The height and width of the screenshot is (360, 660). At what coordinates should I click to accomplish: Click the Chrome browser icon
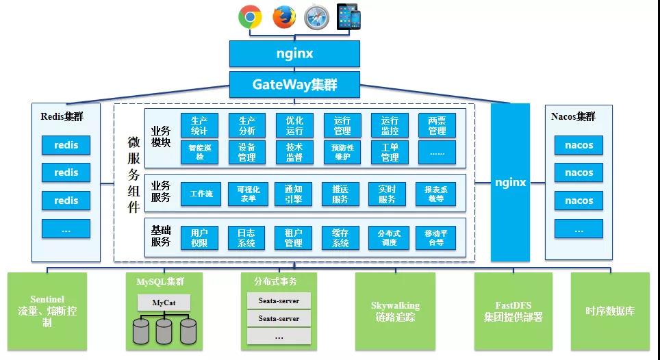[250, 17]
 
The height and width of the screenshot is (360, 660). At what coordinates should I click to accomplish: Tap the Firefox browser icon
[283, 17]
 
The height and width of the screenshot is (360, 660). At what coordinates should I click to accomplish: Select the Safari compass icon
[316, 17]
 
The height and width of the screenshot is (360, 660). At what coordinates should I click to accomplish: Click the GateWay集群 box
[294, 85]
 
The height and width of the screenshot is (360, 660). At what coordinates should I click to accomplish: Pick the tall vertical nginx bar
[510, 183]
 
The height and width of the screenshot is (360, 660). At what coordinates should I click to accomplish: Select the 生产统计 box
[199, 125]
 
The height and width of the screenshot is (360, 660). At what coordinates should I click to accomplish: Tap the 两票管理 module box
[437, 125]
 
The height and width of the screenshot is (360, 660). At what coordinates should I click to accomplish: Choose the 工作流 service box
[201, 194]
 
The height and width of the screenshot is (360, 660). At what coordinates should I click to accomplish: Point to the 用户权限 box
[199, 237]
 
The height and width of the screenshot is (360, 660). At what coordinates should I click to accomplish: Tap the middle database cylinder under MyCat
[164, 331]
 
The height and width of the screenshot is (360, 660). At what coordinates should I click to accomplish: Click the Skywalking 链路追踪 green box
[395, 311]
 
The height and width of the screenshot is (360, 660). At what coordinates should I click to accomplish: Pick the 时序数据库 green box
[609, 311]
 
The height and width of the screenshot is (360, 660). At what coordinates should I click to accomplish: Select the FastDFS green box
[513, 311]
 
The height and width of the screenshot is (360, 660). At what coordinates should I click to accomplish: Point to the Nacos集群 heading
[574, 116]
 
